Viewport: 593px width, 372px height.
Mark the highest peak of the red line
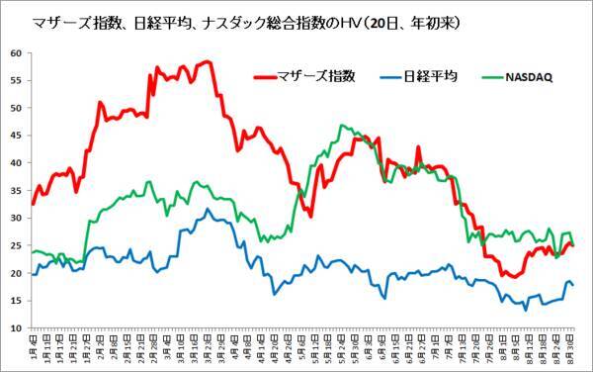[x=207, y=61]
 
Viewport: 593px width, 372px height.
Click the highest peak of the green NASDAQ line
[x=341, y=126]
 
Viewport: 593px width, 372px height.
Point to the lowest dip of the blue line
[x=526, y=309]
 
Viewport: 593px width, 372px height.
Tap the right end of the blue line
[x=573, y=285]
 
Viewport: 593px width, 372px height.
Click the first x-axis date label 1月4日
[x=34, y=348]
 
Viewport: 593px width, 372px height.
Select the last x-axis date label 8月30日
[x=571, y=348]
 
